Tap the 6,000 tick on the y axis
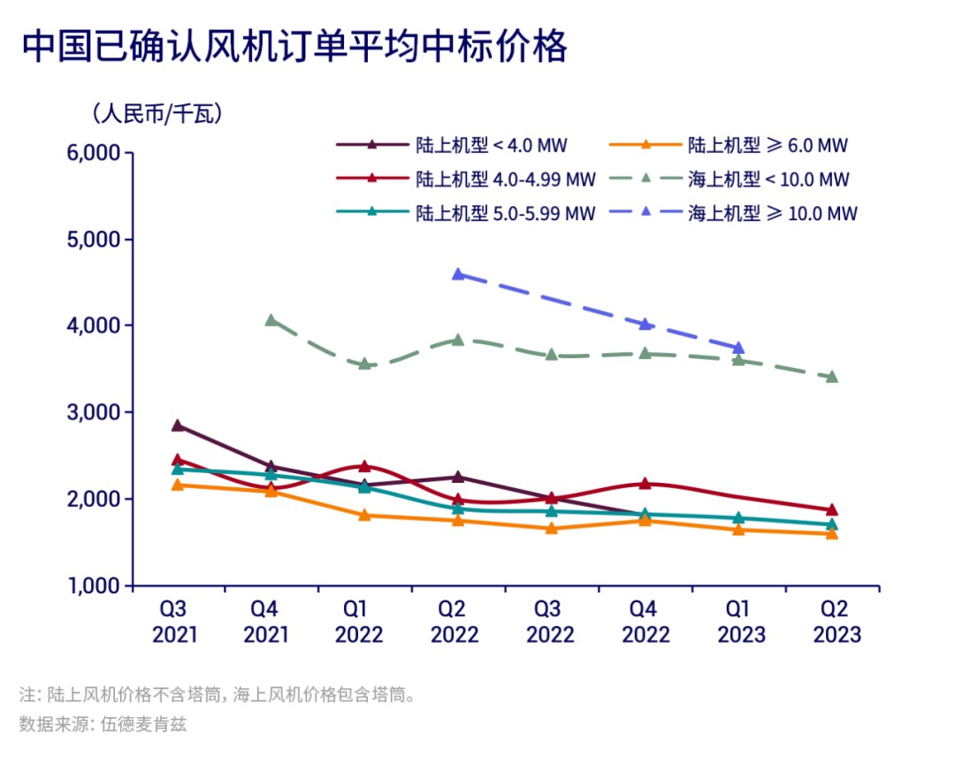(x=94, y=153)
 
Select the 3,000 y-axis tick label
(x=94, y=413)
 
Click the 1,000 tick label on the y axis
(x=94, y=585)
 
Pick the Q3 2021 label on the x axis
(x=173, y=622)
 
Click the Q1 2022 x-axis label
(x=359, y=622)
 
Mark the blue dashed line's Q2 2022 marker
(x=458, y=274)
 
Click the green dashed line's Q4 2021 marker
(x=271, y=320)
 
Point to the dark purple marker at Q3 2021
(x=178, y=425)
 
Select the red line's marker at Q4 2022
(x=645, y=483)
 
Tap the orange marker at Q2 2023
(x=831, y=533)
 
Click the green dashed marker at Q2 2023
(x=831, y=377)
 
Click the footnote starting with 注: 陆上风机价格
(x=218, y=694)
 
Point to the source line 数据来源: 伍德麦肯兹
(x=103, y=724)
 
